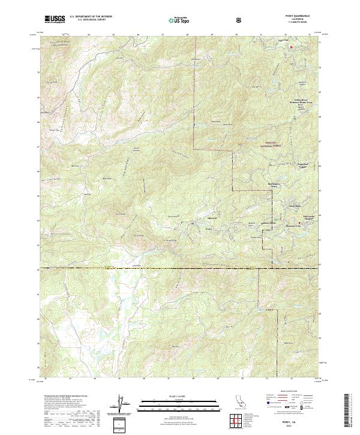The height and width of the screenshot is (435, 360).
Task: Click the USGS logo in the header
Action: pos(55,19)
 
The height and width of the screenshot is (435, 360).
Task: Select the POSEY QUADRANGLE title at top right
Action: pos(301,17)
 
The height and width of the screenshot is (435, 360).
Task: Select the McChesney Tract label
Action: pos(273,186)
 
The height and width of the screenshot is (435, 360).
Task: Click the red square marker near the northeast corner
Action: pos(292,46)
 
